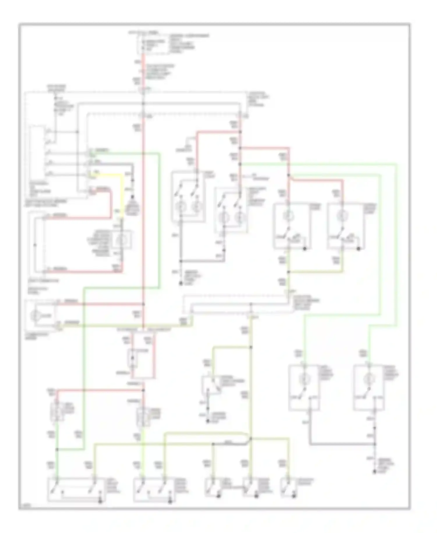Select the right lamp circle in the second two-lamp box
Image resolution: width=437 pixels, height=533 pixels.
click(240, 218)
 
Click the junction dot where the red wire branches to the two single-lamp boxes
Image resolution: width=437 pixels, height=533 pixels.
click(289, 175)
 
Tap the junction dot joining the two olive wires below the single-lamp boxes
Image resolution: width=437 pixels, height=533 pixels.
click(289, 272)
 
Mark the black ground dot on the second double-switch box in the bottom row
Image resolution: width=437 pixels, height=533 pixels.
click(170, 501)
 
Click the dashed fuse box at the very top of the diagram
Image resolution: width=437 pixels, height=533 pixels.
click(153, 44)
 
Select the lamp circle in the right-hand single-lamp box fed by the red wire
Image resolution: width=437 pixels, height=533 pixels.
click(341, 216)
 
